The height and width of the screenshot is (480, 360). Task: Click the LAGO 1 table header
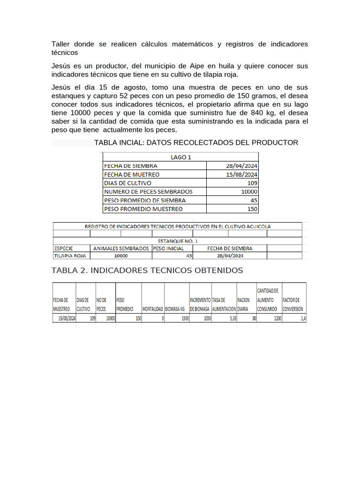180,157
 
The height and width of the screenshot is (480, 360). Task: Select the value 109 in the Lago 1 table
252,183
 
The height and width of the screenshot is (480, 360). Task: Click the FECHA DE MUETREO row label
132,174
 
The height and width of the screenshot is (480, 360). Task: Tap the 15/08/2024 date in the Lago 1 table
241,174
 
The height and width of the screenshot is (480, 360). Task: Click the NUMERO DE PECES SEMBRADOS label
148,191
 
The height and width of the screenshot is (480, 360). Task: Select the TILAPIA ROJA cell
69,256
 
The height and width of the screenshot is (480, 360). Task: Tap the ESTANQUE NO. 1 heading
178,241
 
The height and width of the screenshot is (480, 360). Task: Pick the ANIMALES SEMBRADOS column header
121,248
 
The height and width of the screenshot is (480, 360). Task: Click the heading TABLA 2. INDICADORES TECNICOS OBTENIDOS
147,270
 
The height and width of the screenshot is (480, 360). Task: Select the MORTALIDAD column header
152,309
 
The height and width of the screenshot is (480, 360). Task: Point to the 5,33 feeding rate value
230,318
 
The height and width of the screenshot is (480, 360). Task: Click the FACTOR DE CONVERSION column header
293,305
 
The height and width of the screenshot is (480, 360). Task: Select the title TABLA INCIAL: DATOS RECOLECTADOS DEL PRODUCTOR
196,142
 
